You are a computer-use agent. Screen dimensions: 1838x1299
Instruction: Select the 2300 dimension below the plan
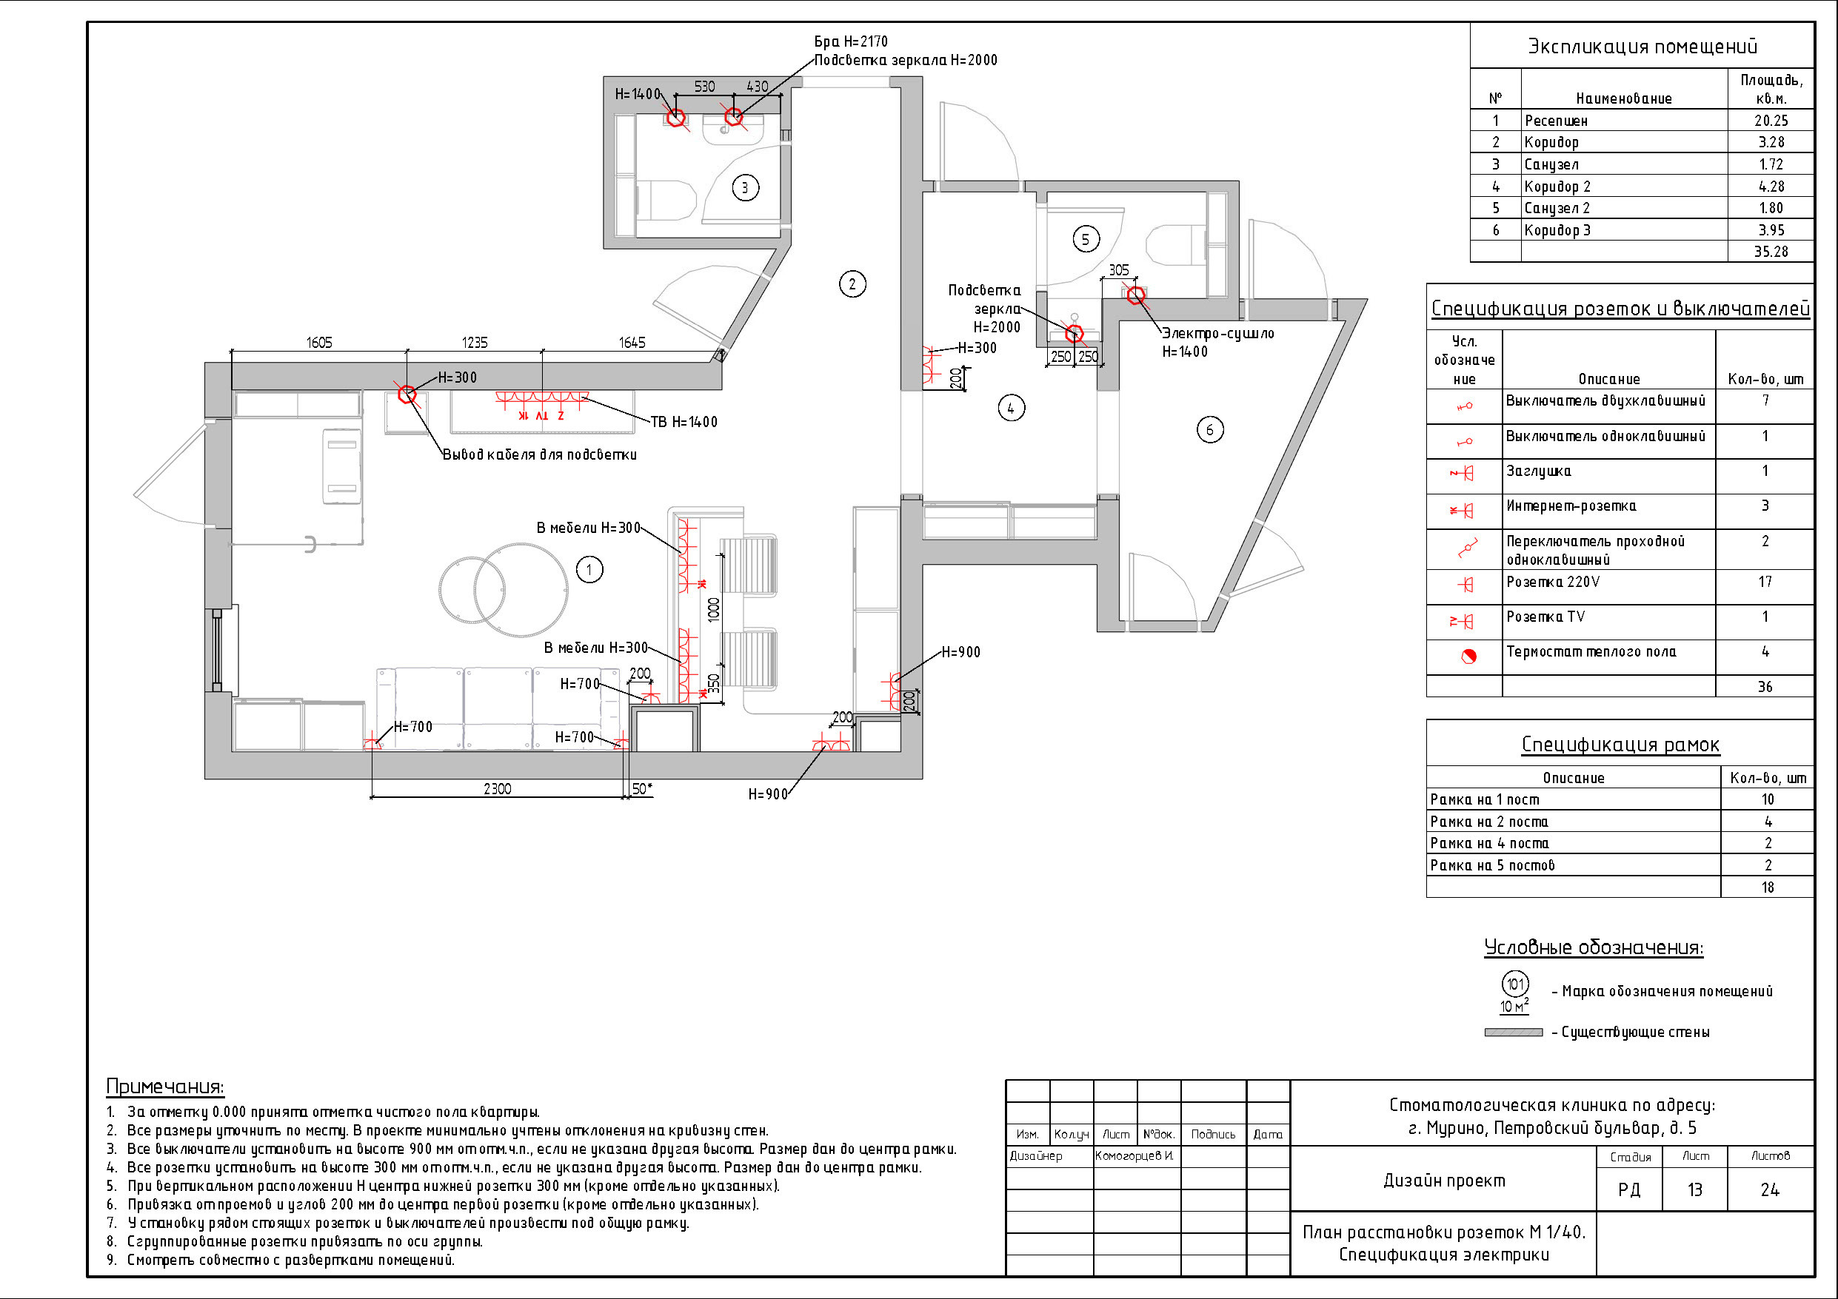(497, 788)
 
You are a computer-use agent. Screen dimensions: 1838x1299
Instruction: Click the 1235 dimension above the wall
(475, 343)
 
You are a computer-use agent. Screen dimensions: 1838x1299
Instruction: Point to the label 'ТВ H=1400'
(684, 422)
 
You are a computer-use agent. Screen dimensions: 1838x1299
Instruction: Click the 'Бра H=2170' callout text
(851, 41)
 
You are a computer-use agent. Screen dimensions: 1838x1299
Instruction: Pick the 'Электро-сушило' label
(1217, 333)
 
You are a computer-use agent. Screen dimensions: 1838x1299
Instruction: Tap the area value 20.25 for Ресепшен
(1771, 120)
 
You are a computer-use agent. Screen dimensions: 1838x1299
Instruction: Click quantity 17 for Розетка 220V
(1765, 582)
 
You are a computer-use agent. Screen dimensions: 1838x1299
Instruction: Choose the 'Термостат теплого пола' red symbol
(1468, 657)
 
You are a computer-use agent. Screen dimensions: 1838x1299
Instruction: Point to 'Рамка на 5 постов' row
(1492, 865)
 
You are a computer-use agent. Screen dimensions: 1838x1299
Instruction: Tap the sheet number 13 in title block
(1694, 1190)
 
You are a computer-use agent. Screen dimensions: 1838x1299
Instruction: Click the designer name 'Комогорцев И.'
(1134, 1155)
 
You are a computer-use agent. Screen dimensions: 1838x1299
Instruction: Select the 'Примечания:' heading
(165, 1086)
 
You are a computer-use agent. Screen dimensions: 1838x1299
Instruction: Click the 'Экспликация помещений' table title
(1642, 47)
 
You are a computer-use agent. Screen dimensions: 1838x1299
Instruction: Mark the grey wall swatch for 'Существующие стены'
(1513, 1033)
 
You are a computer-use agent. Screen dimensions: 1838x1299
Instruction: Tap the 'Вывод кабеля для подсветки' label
(540, 454)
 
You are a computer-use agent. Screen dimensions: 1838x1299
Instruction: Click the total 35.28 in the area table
(1771, 252)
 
